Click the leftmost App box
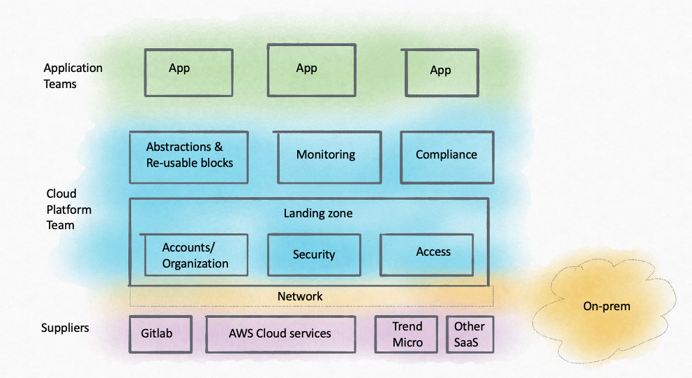tap(188, 71)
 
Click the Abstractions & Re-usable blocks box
tap(188, 157)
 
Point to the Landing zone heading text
tap(318, 213)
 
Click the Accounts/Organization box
tap(195, 255)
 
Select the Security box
tap(314, 255)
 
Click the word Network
tap(300, 296)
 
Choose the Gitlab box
tap(161, 334)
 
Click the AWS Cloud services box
tap(280, 334)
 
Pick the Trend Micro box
tap(407, 334)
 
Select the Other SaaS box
tap(469, 334)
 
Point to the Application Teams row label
tap(73, 76)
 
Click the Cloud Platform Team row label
tap(68, 209)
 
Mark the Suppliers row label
tap(65, 328)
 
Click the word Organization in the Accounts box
tap(195, 264)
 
